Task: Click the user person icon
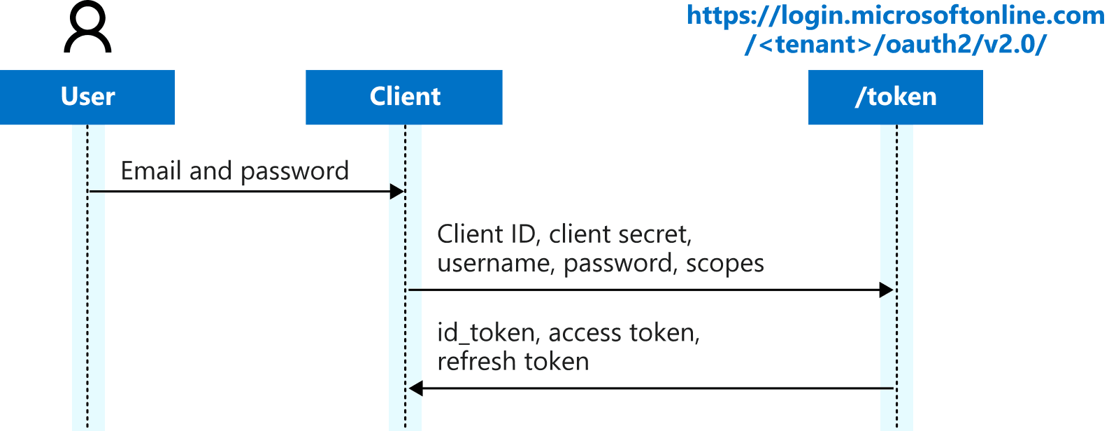point(87,28)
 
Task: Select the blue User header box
point(87,97)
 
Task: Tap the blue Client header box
point(404,97)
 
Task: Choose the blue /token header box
point(895,97)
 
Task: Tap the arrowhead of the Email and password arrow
point(397,192)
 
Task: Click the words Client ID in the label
point(487,234)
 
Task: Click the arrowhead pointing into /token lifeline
point(886,290)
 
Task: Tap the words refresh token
point(513,362)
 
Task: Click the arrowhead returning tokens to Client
point(416,388)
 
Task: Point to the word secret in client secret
point(657,234)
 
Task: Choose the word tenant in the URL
point(815,45)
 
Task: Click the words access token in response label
point(623,333)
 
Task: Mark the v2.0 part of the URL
point(1011,45)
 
